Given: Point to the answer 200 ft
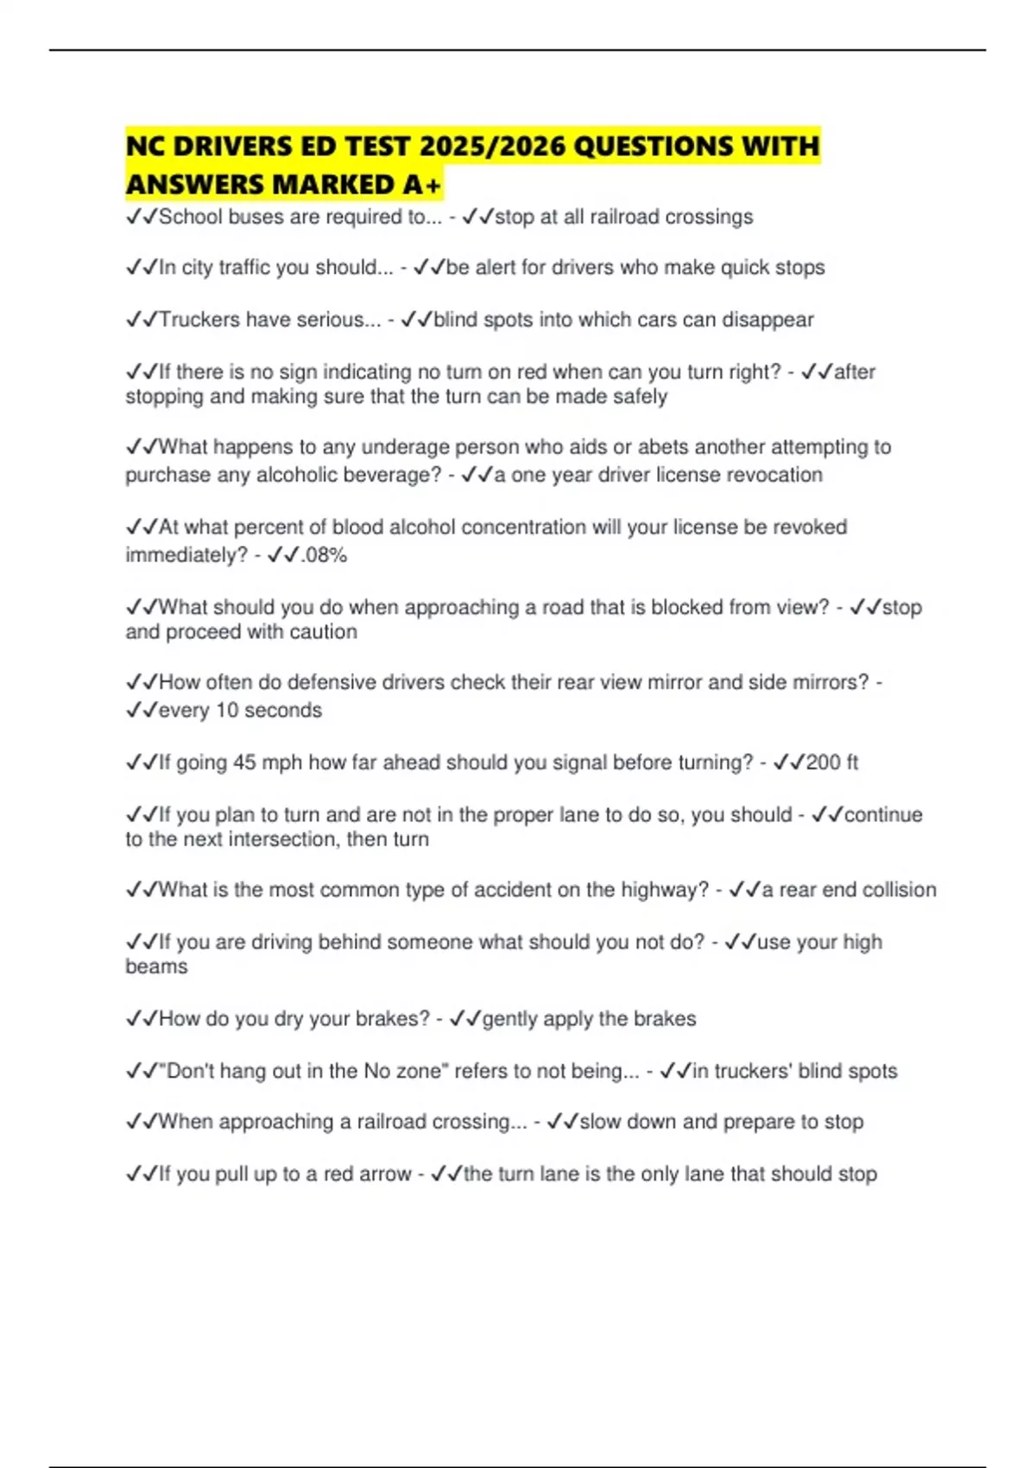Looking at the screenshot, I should (831, 762).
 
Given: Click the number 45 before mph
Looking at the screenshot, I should (244, 762).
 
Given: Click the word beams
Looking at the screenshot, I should (156, 966).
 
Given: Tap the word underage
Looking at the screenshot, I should (405, 447).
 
